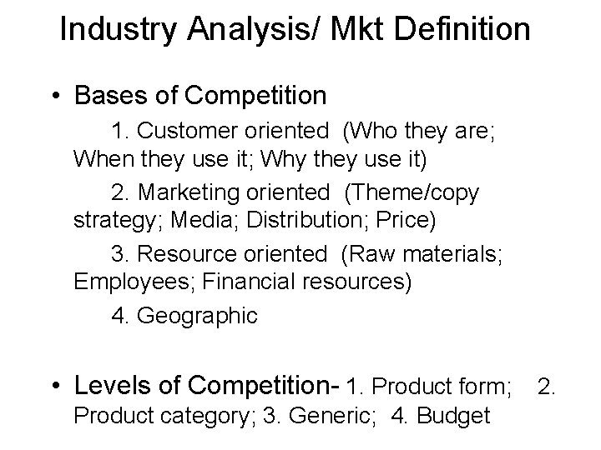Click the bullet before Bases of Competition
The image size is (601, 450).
(x=54, y=97)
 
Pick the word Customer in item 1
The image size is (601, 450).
(x=190, y=132)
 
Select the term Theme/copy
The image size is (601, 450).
(x=415, y=193)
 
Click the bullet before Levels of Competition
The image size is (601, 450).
(x=54, y=386)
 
